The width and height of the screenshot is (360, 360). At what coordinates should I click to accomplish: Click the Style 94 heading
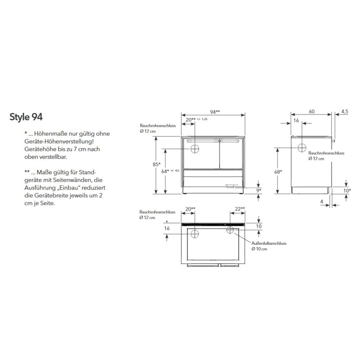pyautogui.click(x=26, y=117)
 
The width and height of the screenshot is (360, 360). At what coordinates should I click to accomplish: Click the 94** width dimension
pyautogui.click(x=215, y=112)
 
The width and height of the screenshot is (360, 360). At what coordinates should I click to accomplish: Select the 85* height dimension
pyautogui.click(x=157, y=164)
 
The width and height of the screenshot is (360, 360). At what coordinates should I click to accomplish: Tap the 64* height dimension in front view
pyautogui.click(x=165, y=171)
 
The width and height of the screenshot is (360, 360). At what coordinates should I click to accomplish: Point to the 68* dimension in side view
pyautogui.click(x=278, y=172)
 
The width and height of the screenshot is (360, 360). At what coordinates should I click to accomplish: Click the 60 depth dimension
pyautogui.click(x=311, y=112)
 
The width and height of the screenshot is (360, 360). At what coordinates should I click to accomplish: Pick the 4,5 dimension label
pyautogui.click(x=345, y=112)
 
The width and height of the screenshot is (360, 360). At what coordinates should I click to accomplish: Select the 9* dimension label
pyautogui.click(x=258, y=190)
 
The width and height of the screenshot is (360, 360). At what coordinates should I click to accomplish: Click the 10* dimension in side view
pyautogui.click(x=347, y=190)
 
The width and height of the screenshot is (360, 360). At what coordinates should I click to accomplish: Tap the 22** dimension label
pyautogui.click(x=240, y=209)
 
